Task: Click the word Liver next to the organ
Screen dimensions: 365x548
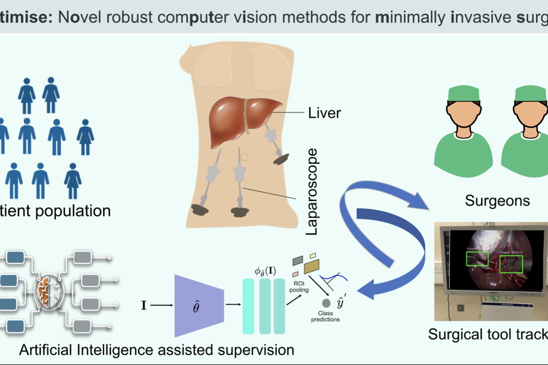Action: coord(324,113)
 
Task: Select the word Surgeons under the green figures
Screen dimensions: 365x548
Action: coord(497,200)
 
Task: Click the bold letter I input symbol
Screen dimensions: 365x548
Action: coord(144,305)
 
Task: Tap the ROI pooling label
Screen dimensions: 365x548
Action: coord(299,287)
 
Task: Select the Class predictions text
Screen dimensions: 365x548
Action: coord(325,316)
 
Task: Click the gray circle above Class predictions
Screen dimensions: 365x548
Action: coord(326,303)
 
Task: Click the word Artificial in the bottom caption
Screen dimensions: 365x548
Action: coord(45,350)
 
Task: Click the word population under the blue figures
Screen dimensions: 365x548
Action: coord(73,211)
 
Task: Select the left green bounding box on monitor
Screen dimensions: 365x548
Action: coord(477,259)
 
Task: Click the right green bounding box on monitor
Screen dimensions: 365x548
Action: coord(511,264)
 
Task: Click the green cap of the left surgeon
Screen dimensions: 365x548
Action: coord(464,93)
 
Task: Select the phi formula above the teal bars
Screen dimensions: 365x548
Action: coord(265,271)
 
